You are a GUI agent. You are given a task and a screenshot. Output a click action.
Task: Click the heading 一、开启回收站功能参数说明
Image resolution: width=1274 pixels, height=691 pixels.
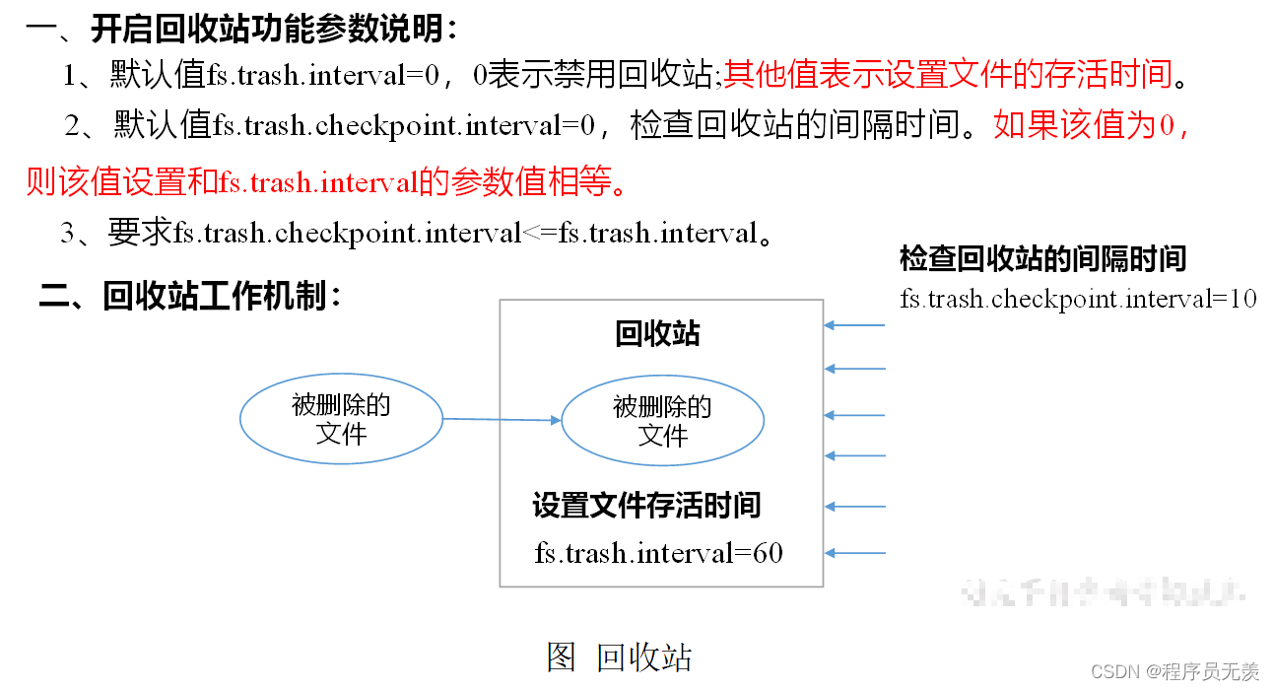[242, 30]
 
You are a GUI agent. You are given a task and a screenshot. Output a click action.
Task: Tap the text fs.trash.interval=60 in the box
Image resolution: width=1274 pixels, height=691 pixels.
[658, 553]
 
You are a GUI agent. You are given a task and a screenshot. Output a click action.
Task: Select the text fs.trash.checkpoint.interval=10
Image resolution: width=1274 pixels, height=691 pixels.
[1078, 299]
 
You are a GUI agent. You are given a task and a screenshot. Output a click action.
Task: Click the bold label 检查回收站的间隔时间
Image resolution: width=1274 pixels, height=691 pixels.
[1042, 259]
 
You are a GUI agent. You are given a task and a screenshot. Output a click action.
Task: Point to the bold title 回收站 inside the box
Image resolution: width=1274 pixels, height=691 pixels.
[657, 334]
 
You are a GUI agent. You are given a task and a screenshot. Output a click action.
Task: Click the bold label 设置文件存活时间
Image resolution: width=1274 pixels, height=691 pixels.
[646, 506]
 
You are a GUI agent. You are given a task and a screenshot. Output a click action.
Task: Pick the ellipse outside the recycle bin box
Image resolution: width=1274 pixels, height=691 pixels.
[341, 419]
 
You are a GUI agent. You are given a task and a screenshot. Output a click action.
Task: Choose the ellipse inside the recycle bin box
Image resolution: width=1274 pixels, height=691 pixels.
[662, 421]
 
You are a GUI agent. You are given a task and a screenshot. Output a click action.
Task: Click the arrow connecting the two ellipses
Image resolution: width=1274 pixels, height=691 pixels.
[502, 420]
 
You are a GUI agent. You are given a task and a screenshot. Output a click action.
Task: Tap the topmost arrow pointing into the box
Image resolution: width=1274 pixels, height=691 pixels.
[854, 325]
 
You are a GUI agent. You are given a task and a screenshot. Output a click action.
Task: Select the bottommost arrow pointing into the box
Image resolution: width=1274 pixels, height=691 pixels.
[854, 553]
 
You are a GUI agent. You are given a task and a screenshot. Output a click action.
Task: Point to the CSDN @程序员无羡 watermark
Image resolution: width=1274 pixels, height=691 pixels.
[1174, 671]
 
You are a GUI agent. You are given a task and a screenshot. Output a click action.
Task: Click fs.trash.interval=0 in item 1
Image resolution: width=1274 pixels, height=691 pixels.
[323, 74]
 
